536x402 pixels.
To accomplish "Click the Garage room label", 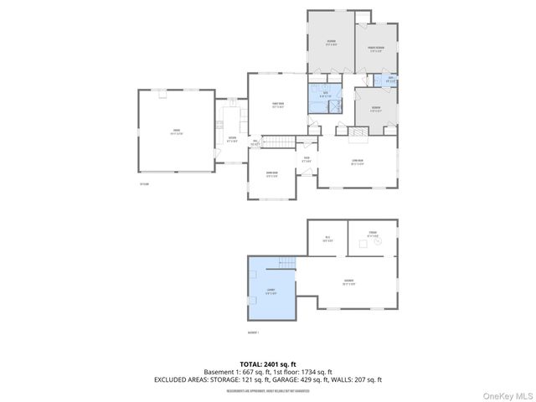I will click(177, 131).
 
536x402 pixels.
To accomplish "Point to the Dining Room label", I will click(271, 176).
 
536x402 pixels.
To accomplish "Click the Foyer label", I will click(307, 159).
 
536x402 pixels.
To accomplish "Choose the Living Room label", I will click(357, 163).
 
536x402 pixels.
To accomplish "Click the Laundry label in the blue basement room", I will click(271, 291).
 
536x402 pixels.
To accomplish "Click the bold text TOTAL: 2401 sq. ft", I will click(268, 364).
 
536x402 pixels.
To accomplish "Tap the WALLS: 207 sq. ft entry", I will click(356, 379).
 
